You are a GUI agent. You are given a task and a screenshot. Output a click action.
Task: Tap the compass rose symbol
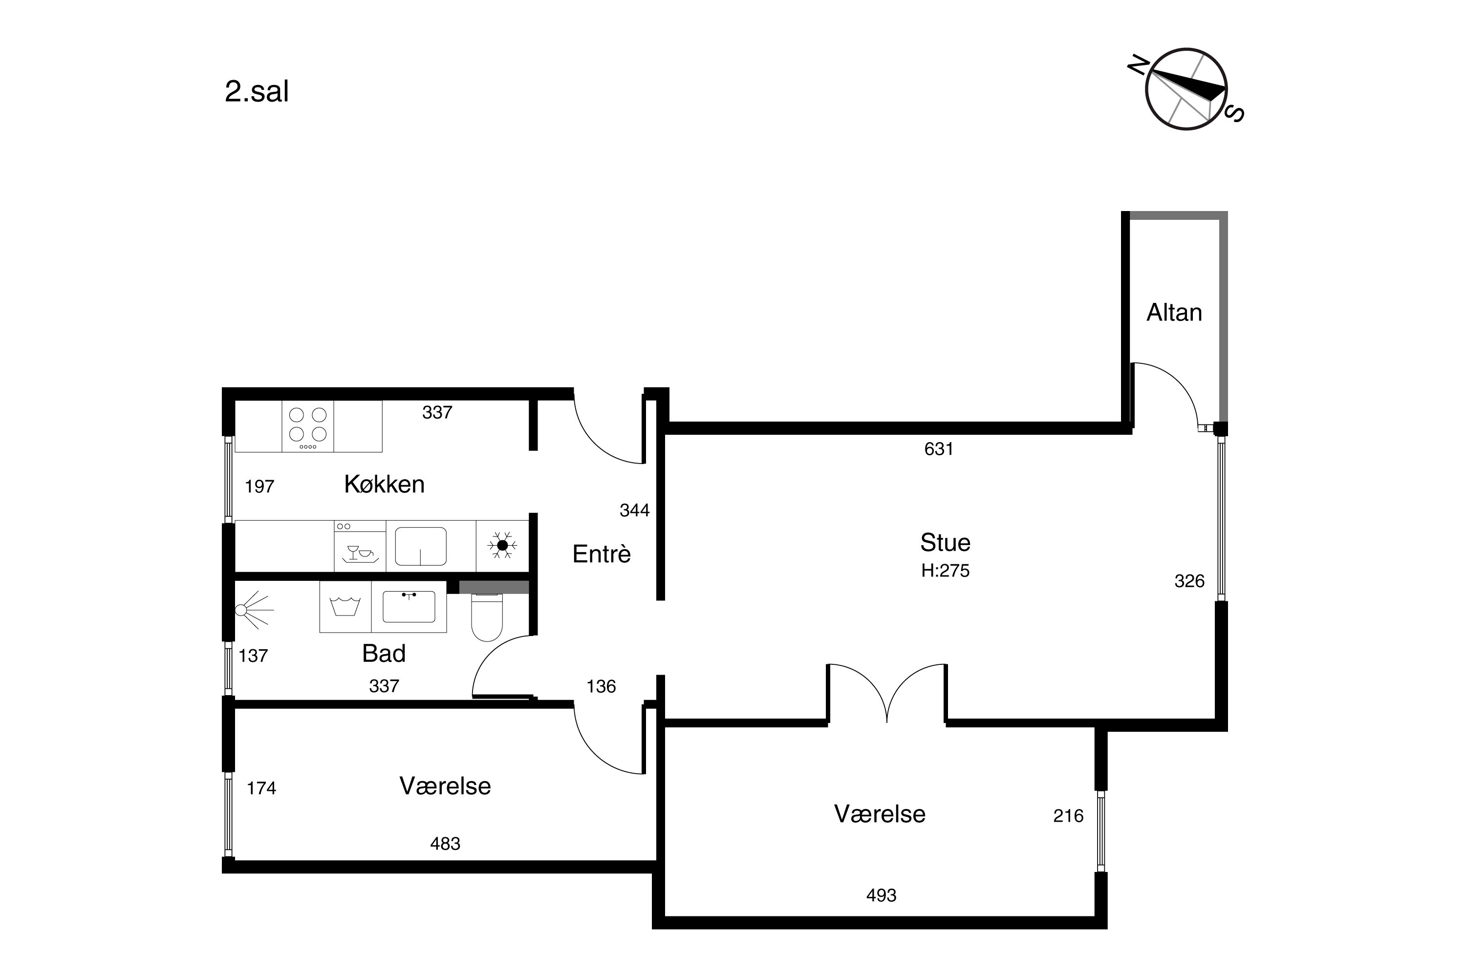[1186, 89]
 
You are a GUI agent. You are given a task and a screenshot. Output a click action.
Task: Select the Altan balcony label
[1174, 313]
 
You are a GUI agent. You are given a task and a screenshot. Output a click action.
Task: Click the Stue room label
[945, 543]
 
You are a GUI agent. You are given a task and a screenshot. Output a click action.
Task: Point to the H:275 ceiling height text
[945, 571]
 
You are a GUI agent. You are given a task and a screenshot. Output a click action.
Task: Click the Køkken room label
[384, 484]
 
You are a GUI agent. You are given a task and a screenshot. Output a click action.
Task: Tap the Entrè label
[602, 554]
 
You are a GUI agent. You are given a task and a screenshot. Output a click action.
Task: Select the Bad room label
[384, 654]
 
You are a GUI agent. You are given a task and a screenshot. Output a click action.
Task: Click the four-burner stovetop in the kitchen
[308, 426]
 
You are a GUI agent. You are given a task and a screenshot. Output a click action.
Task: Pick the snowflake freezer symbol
[502, 545]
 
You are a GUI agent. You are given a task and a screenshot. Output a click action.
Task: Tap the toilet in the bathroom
[487, 617]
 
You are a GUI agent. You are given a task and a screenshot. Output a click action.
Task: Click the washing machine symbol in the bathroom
[345, 607]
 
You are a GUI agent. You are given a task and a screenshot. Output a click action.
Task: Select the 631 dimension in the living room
[939, 449]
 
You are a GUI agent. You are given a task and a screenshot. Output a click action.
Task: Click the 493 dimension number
[882, 895]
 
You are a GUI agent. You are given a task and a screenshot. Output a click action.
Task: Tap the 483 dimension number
[445, 844]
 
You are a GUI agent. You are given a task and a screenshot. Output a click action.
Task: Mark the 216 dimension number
[1068, 816]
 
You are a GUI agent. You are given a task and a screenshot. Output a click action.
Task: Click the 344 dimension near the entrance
[634, 511]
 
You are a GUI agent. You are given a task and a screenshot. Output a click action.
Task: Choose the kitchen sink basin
[421, 547]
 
